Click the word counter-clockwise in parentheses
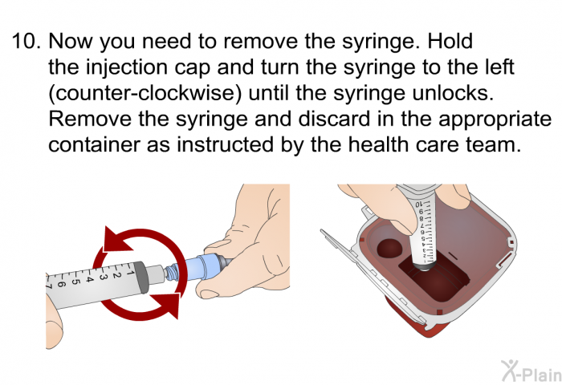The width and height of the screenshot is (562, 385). click(x=145, y=93)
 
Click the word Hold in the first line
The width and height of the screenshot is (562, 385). click(x=450, y=41)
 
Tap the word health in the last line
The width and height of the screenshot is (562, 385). click(x=379, y=144)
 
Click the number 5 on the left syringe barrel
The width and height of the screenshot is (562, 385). click(x=75, y=282)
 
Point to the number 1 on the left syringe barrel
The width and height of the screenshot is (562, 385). click(x=130, y=273)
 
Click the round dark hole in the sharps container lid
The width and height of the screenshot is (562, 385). click(x=389, y=248)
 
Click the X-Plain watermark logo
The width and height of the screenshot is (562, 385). click(x=531, y=371)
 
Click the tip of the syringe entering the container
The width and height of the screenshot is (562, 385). click(x=425, y=267)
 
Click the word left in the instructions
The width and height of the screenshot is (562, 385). click(x=499, y=67)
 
